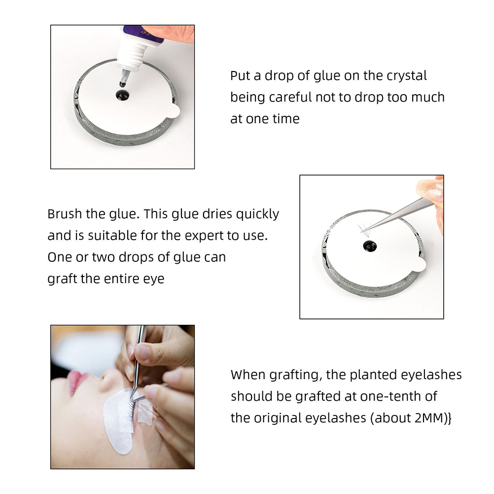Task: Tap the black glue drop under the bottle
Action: (122, 95)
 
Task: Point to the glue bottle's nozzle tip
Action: (122, 84)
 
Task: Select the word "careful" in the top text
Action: (290, 97)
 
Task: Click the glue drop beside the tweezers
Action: (369, 246)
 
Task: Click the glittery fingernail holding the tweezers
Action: (428, 189)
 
